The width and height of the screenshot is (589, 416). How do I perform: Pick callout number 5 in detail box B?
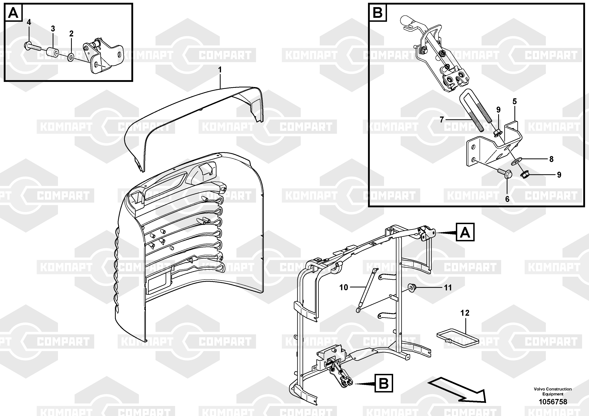pyautogui.click(x=515, y=101)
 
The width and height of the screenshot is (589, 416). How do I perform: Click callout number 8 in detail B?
pyautogui.click(x=551, y=159)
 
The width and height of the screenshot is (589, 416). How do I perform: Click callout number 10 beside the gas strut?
pyautogui.click(x=343, y=287)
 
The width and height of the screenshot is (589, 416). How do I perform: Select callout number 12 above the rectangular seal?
pyautogui.click(x=465, y=313)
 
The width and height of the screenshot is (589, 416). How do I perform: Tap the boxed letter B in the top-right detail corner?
pyautogui.click(x=377, y=12)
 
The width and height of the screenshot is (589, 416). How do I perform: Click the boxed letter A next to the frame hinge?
pyautogui.click(x=465, y=232)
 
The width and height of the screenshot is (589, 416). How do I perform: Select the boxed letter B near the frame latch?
pyautogui.click(x=384, y=383)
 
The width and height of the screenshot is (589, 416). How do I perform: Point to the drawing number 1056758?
pyautogui.click(x=553, y=402)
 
